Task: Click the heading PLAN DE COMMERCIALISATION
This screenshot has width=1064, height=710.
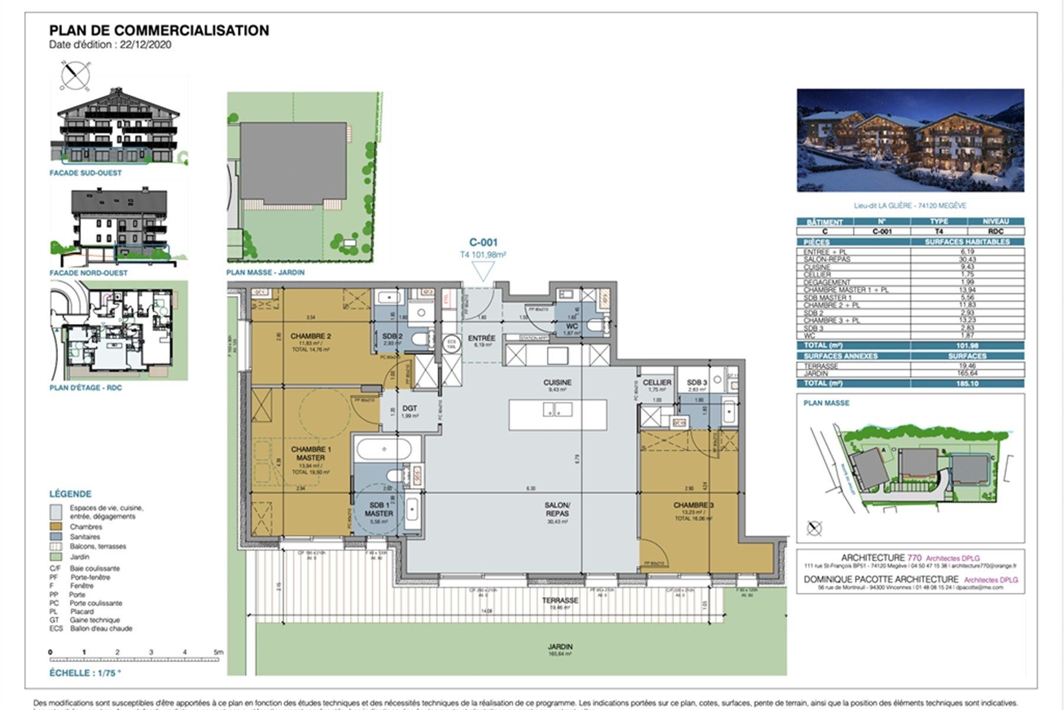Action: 159,30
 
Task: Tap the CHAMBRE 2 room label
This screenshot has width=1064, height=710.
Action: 310,336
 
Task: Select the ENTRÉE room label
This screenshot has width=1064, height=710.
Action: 482,338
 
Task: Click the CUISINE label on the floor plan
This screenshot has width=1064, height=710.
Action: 557,383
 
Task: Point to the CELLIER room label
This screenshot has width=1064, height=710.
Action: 657,383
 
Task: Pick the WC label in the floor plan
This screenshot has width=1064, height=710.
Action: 572,326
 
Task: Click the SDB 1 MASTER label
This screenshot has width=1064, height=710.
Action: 379,510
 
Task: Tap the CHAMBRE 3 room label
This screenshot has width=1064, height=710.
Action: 693,505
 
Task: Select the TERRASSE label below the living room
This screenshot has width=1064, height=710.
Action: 560,600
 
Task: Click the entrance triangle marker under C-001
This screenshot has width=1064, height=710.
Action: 483,271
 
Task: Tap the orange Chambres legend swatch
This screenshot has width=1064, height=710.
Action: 56,526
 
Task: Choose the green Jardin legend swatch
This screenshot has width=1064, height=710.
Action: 56,556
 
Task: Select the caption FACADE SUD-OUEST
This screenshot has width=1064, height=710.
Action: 86,173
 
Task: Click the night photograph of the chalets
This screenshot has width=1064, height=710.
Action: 910,140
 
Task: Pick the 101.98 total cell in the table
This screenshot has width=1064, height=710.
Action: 966,346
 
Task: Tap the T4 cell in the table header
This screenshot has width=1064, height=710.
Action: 938,232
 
